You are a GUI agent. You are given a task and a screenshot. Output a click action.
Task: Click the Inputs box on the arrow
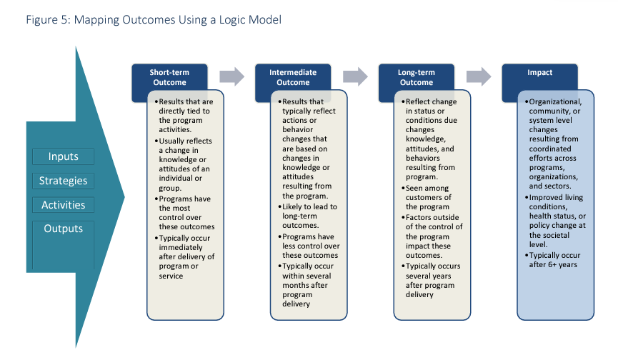point(63,156)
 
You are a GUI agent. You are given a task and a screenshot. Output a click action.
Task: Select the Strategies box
point(63,181)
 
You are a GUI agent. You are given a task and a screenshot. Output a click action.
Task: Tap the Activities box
point(63,205)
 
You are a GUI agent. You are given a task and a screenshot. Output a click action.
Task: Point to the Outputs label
point(63,229)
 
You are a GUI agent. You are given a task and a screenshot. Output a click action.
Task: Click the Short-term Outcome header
point(169,77)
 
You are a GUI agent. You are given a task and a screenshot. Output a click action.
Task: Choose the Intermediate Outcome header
point(293,77)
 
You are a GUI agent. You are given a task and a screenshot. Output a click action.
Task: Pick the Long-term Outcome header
point(417,77)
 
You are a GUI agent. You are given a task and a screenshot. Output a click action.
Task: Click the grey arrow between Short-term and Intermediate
point(231,76)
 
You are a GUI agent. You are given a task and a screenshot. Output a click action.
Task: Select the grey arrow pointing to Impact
point(479,76)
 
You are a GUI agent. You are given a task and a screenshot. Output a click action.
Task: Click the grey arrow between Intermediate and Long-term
point(355,76)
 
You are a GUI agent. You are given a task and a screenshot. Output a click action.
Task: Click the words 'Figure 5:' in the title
point(48,20)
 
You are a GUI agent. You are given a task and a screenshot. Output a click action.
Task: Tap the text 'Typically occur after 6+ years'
point(554,260)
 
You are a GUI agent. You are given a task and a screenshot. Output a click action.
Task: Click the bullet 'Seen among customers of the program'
point(428,197)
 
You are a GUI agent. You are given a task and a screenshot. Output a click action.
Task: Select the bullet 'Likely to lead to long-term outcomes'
point(308,216)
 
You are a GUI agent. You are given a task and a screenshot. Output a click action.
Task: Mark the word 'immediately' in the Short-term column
point(181,247)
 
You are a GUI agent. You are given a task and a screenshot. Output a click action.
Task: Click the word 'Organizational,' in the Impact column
point(555,101)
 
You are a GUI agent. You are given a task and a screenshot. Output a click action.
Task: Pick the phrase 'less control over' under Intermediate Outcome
point(311,246)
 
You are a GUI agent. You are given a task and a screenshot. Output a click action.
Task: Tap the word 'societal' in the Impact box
point(555,235)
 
